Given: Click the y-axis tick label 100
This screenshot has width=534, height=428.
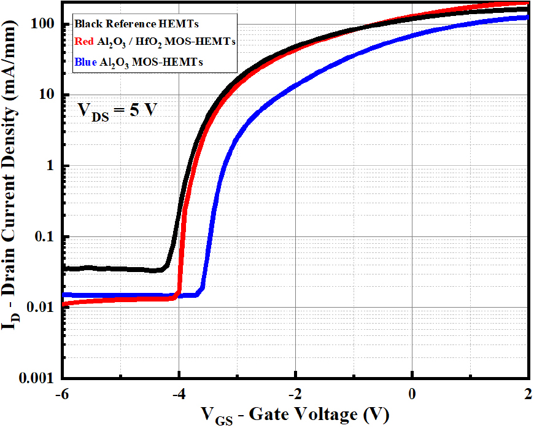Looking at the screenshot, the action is point(42,23).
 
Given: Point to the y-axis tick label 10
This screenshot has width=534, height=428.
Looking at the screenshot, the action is point(46,94).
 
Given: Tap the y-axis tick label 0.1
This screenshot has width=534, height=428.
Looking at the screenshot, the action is point(44,236).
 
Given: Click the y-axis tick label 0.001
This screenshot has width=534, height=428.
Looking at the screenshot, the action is point(36,378).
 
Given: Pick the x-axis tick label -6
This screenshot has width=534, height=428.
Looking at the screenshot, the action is point(61,394).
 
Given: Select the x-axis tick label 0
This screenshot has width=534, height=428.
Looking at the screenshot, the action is point(412,394).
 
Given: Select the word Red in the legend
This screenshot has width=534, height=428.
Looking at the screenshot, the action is point(83,41).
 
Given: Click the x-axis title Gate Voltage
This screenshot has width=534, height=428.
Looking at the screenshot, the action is point(303,414).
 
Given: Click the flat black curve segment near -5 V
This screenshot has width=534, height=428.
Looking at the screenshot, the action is point(120,269).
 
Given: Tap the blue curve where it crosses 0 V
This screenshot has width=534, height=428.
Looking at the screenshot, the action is point(412,35).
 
